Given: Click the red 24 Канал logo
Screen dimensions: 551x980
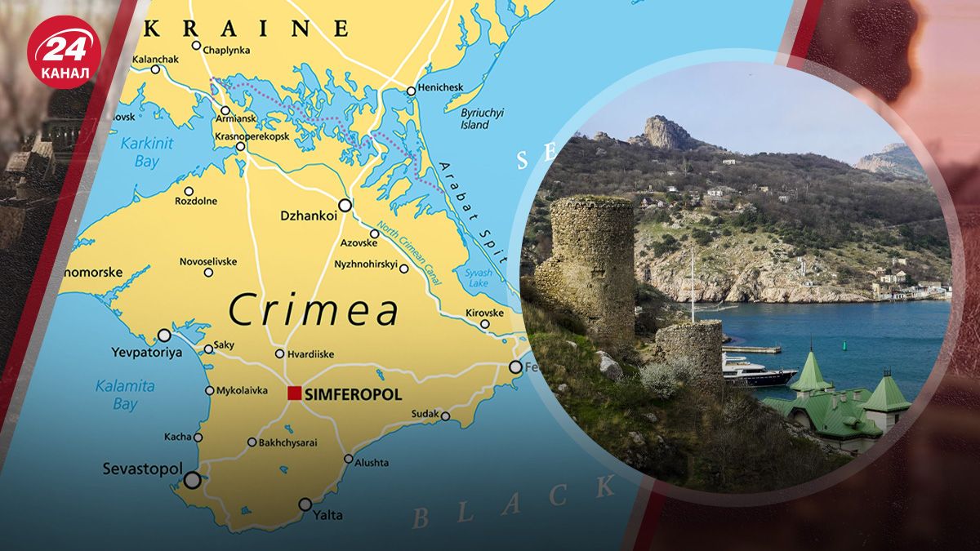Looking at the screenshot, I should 64,51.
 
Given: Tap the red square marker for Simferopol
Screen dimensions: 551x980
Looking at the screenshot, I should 294,393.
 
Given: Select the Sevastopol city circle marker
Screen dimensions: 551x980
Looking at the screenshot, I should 192,480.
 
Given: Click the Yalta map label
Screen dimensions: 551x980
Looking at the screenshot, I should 327,515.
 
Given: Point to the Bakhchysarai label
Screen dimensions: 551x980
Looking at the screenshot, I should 287,442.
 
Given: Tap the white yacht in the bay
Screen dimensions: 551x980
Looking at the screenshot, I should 756,374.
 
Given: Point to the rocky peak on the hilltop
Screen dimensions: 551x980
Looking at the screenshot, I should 666,132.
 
